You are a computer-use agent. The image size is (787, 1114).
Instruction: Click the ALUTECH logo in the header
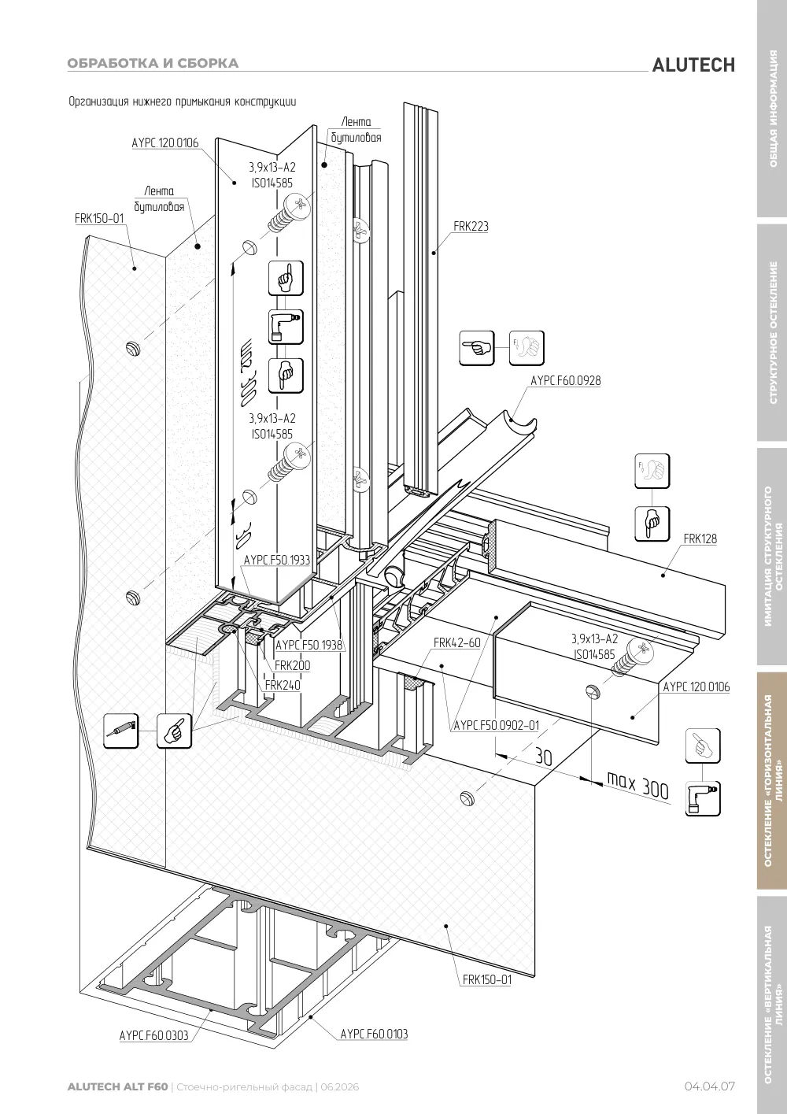[x=693, y=65]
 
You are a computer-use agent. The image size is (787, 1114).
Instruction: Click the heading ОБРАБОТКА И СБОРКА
[x=153, y=63]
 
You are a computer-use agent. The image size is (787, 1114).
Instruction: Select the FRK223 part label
[x=471, y=226]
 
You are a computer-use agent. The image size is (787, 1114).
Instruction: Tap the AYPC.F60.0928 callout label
[x=565, y=380]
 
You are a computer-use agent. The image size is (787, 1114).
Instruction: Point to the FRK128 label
[x=700, y=538]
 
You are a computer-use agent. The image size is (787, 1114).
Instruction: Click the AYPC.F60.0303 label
[x=154, y=1035]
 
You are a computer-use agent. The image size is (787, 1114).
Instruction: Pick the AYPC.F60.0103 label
[x=374, y=1034]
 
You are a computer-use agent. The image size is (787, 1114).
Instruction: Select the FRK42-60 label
[x=457, y=642]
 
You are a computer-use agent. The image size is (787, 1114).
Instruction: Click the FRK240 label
[x=283, y=685]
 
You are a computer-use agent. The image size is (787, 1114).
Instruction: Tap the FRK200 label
[x=292, y=665]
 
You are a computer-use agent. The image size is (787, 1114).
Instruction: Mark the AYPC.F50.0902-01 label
[x=496, y=726]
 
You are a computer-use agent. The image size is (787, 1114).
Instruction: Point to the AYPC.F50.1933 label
[x=277, y=560]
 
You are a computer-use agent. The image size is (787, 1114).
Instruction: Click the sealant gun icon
[x=120, y=731]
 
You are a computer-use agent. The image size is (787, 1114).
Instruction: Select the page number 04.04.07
[x=709, y=1086]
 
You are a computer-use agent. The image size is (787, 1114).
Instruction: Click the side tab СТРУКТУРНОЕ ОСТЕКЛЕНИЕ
[x=773, y=332]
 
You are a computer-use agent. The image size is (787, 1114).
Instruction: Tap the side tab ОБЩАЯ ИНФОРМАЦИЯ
[x=773, y=109]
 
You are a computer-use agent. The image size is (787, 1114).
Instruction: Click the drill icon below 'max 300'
[x=703, y=799]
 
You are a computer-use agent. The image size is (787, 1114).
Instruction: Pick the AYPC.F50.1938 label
[x=309, y=645]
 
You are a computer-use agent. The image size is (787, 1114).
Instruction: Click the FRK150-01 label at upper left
[x=99, y=218]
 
